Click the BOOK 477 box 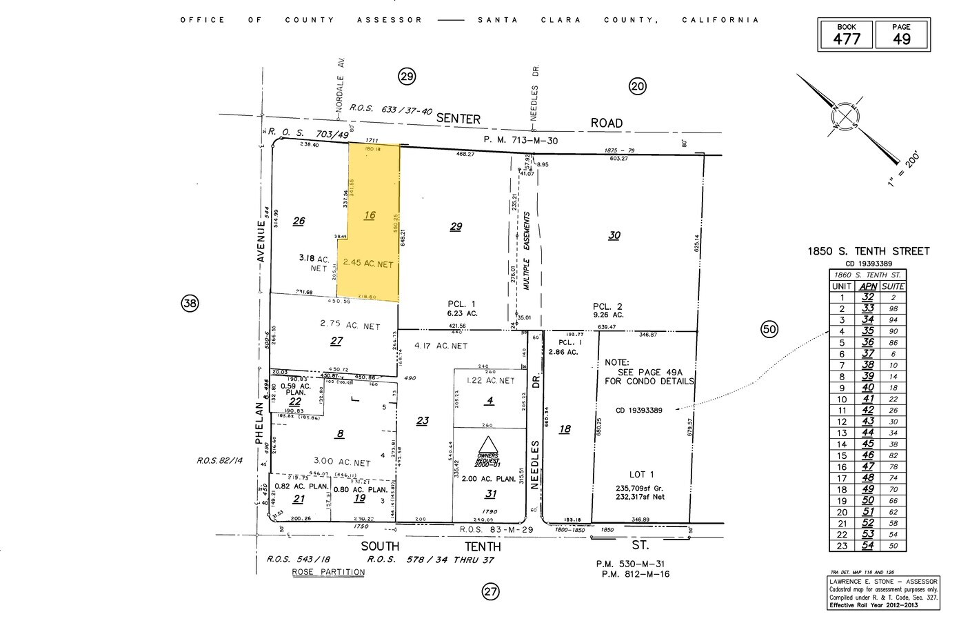pyautogui.click(x=846, y=34)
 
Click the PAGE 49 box pyautogui.click(x=901, y=34)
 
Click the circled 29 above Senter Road pyautogui.click(x=407, y=76)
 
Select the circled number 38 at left pyautogui.click(x=190, y=302)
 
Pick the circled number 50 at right pyautogui.click(x=769, y=329)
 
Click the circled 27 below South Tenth pyautogui.click(x=490, y=591)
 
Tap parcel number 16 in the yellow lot pyautogui.click(x=370, y=215)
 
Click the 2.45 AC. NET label pyautogui.click(x=368, y=264)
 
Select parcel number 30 pyautogui.click(x=614, y=235)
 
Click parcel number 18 pyautogui.click(x=565, y=429)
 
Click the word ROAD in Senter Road pyautogui.click(x=606, y=123)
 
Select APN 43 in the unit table pyautogui.click(x=867, y=422)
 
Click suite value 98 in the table pyautogui.click(x=894, y=308)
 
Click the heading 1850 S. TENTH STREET pyautogui.click(x=869, y=252)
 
